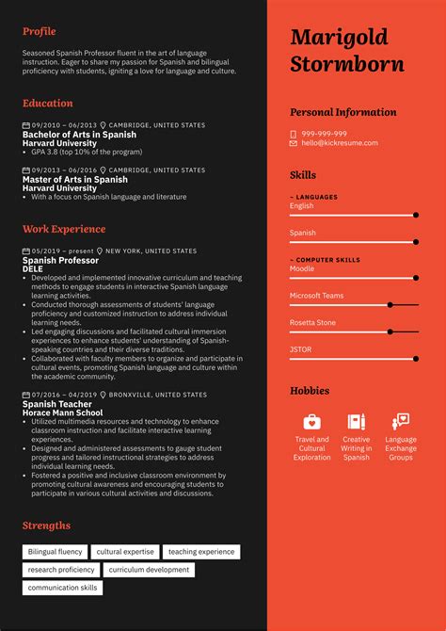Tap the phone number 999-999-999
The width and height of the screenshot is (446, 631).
click(324, 134)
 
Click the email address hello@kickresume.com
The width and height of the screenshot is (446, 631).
click(339, 143)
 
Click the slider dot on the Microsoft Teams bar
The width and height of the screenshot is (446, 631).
click(390, 305)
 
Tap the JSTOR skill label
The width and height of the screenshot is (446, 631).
click(300, 349)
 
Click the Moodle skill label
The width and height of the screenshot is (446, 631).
click(301, 268)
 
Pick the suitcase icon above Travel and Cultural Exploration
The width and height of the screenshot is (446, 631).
click(311, 421)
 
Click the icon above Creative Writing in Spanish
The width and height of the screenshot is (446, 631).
click(356, 421)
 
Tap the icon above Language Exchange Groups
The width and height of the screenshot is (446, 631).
click(401, 421)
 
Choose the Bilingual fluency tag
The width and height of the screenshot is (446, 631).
click(55, 552)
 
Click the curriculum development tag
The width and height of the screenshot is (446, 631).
click(149, 570)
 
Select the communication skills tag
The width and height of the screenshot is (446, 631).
click(62, 588)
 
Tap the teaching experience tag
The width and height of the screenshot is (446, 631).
click(201, 552)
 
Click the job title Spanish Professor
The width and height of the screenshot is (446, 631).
click(60, 260)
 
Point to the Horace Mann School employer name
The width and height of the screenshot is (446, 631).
click(64, 412)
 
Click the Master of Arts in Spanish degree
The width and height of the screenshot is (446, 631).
click(74, 179)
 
